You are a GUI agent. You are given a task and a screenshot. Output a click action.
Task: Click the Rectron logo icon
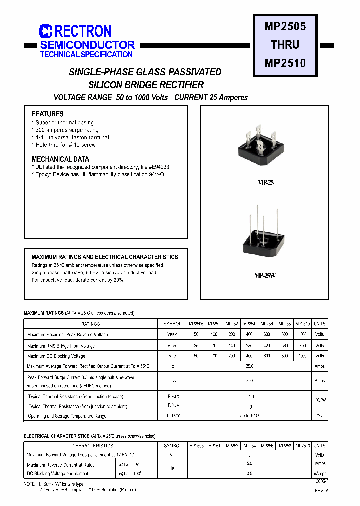[x=46, y=31]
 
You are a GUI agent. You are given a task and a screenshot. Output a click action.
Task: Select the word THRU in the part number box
[x=285, y=44]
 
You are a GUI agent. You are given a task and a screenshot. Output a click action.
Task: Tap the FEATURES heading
[x=48, y=114]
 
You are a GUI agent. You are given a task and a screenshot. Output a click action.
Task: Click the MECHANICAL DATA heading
[x=60, y=159]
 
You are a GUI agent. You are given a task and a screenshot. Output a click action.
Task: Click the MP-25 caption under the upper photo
[x=265, y=183]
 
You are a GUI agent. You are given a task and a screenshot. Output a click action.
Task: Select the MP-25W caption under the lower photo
[x=265, y=276]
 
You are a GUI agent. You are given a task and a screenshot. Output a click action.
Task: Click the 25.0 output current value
[x=250, y=366]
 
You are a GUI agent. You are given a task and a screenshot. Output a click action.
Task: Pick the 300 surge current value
[x=250, y=381]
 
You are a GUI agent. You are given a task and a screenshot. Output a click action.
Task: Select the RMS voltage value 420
[x=266, y=346]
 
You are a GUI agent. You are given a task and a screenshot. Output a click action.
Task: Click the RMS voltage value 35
[x=196, y=346]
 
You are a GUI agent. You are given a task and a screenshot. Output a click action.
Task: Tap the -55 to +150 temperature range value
[x=250, y=416]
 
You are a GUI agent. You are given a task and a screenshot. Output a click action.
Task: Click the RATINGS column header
[x=90, y=324]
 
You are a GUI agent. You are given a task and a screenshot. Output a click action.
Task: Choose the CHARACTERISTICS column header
[x=93, y=446]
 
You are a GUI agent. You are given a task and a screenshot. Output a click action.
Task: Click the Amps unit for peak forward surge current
[x=320, y=381]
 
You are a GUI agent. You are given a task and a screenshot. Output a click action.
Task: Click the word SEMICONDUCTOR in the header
[x=87, y=45]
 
